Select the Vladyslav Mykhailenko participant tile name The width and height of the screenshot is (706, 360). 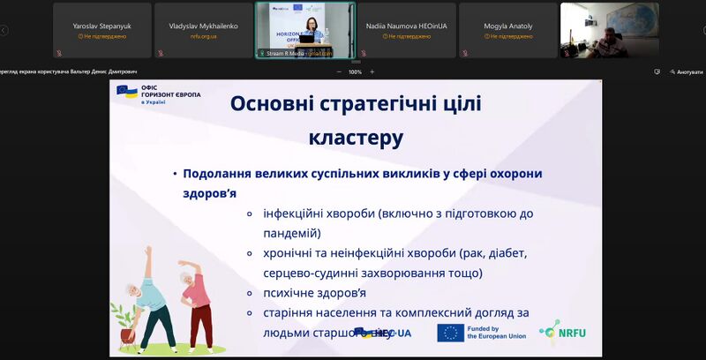pos(203,26)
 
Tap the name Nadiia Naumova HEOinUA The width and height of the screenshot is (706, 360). pos(408,26)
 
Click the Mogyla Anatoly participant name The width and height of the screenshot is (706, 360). pos(507,26)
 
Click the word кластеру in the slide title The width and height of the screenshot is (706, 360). pos(356,138)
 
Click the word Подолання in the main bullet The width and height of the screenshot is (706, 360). pos(221,174)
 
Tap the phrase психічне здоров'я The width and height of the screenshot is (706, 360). pos(314,292)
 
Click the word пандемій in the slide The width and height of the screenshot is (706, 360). pos(290,233)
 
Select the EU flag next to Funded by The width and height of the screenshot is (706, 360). pos(450,333)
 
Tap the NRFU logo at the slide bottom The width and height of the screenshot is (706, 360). pos(567,333)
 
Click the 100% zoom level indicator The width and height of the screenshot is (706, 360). pos(355,71)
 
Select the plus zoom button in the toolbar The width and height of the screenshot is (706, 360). pos(372,71)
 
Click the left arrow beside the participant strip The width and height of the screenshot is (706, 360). pos(4,30)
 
